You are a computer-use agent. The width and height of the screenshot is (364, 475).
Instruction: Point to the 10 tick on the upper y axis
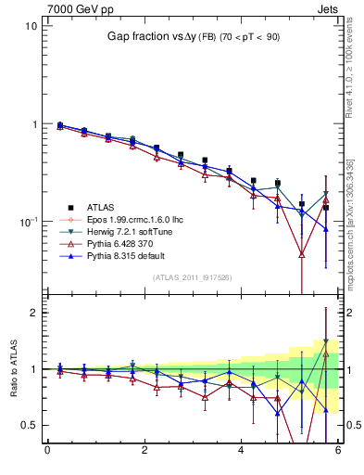point(31,26)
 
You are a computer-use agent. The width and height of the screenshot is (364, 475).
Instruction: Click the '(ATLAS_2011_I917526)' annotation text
point(193,277)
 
